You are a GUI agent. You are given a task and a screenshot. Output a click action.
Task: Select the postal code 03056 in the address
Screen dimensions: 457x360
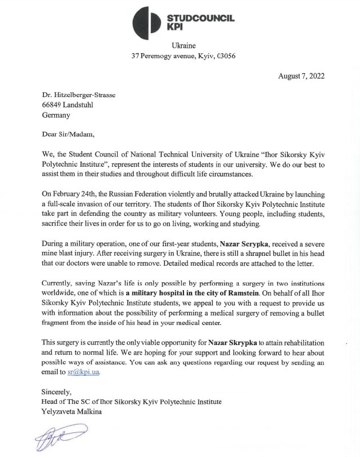click(224, 56)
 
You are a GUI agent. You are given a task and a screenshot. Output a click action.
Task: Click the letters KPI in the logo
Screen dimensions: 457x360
click(181, 27)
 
